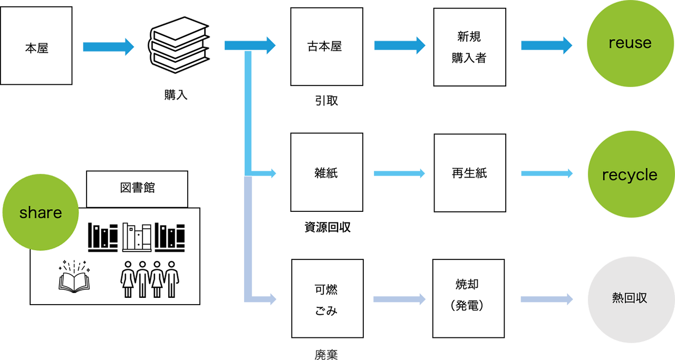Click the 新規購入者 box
click(x=469, y=47)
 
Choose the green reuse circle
click(x=630, y=43)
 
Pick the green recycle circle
click(x=630, y=175)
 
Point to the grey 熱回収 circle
click(x=630, y=298)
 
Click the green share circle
click(x=40, y=213)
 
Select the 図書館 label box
click(x=137, y=188)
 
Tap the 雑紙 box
click(x=325, y=173)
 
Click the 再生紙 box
click(x=469, y=173)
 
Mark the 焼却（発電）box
click(x=469, y=298)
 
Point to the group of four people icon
click(x=150, y=278)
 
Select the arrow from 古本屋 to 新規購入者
click(x=398, y=46)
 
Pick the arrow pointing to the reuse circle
click(x=543, y=46)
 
